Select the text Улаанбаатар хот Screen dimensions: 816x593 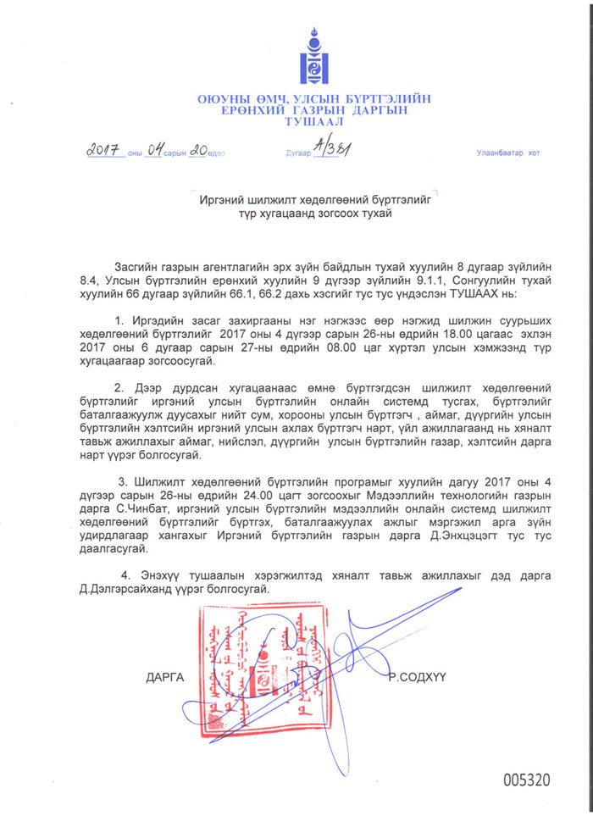pyautogui.click(x=507, y=153)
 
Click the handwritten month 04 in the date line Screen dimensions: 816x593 pyautogui.click(x=155, y=151)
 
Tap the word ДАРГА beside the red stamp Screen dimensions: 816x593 pyautogui.click(x=164, y=677)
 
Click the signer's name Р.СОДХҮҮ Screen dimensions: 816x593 pyautogui.click(x=417, y=677)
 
